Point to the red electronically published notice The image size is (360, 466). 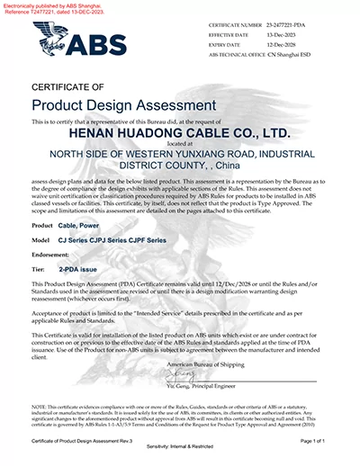45,9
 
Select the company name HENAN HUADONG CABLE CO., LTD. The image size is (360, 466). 179,132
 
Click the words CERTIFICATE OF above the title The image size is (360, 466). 68,86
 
